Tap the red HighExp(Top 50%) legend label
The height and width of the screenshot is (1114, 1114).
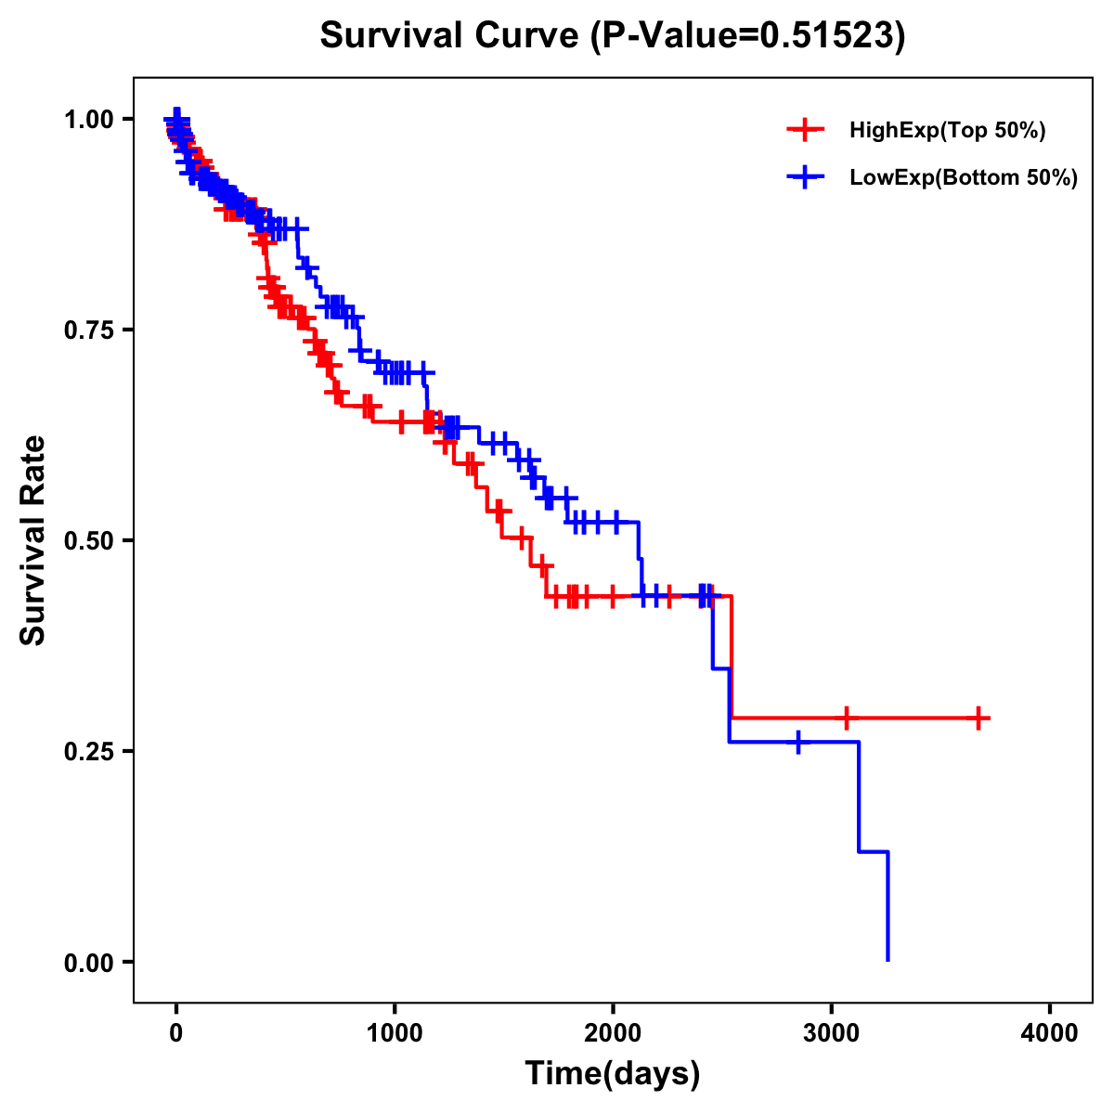point(947,131)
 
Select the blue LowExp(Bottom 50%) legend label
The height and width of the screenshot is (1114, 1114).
point(963,178)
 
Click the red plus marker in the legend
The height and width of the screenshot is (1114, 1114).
point(805,130)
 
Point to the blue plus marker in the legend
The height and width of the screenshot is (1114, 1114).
point(805,177)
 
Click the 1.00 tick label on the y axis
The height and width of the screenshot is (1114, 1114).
point(87,119)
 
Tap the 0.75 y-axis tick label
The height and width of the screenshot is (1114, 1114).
point(87,330)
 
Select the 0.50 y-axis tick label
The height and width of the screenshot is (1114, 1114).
point(87,540)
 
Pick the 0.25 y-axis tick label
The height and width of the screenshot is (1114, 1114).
point(87,751)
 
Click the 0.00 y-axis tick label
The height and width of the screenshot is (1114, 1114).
point(87,962)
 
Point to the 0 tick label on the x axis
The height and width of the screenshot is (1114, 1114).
point(176,1033)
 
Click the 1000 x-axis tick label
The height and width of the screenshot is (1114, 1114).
point(395,1033)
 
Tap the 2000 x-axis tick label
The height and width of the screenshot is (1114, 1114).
point(613,1033)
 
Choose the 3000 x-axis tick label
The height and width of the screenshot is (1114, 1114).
point(832,1033)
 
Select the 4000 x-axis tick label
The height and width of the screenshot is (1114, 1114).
point(1050,1033)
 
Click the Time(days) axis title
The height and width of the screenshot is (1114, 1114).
point(613,1074)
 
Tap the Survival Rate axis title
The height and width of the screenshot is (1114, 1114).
point(33,540)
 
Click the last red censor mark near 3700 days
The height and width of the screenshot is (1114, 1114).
point(978,718)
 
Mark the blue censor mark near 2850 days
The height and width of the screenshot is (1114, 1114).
point(798,742)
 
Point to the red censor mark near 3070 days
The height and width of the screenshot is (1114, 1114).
point(847,718)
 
